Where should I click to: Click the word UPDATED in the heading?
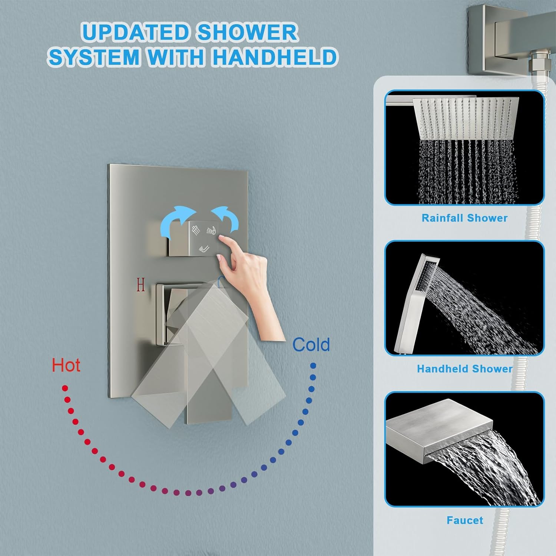click(136, 33)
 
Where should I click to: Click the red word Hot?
click(66, 365)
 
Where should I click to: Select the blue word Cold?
click(311, 345)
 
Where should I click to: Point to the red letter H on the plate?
click(140, 285)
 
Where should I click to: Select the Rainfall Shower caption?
click(464, 218)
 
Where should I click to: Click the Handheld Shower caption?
click(464, 369)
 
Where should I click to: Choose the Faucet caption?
click(465, 520)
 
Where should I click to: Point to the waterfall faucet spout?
click(439, 426)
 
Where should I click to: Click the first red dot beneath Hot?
click(65, 388)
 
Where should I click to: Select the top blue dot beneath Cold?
click(313, 366)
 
